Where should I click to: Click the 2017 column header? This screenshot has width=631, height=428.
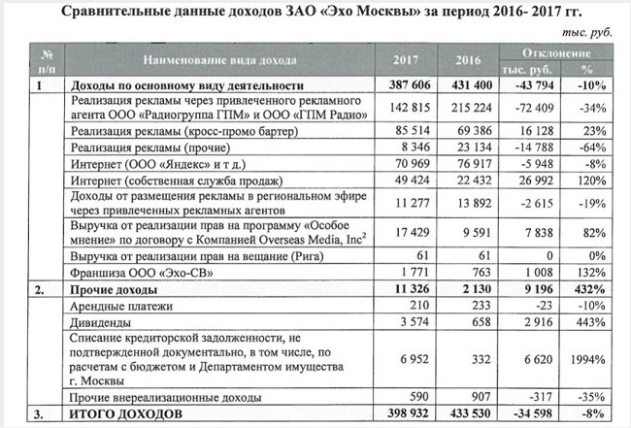(x=407, y=61)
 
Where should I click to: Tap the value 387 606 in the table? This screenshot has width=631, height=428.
(x=407, y=86)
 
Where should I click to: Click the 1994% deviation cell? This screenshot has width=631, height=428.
(x=584, y=359)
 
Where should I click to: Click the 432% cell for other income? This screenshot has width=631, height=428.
(x=585, y=288)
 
